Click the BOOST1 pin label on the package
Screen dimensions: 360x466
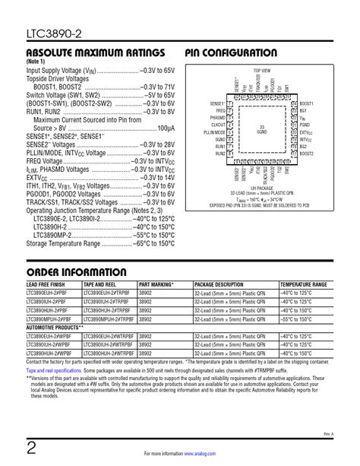point(307,103)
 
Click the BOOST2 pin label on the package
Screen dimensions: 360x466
point(307,153)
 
